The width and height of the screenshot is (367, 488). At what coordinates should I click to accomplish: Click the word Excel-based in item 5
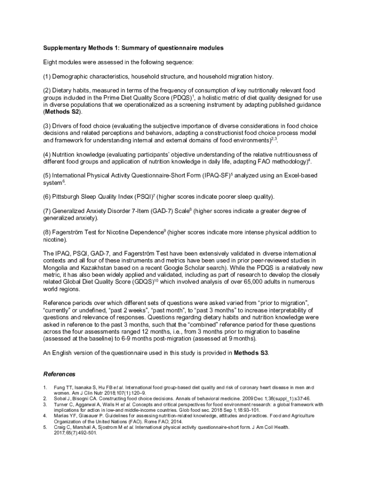297,175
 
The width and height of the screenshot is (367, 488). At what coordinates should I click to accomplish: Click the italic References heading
59,374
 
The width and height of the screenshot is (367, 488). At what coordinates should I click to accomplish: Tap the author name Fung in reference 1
59,387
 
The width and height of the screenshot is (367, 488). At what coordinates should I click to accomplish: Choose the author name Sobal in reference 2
60,398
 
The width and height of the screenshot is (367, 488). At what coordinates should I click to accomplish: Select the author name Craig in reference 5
60,427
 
